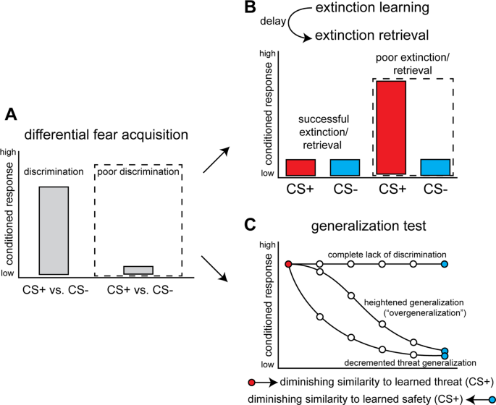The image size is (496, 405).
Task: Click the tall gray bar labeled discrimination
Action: [x=54, y=230]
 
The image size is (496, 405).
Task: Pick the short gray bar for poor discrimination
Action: [x=138, y=270]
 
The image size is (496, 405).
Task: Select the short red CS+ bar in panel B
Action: [x=300, y=167]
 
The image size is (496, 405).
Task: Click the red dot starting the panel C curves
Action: [x=288, y=265]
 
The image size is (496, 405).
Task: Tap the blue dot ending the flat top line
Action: [x=445, y=265]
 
